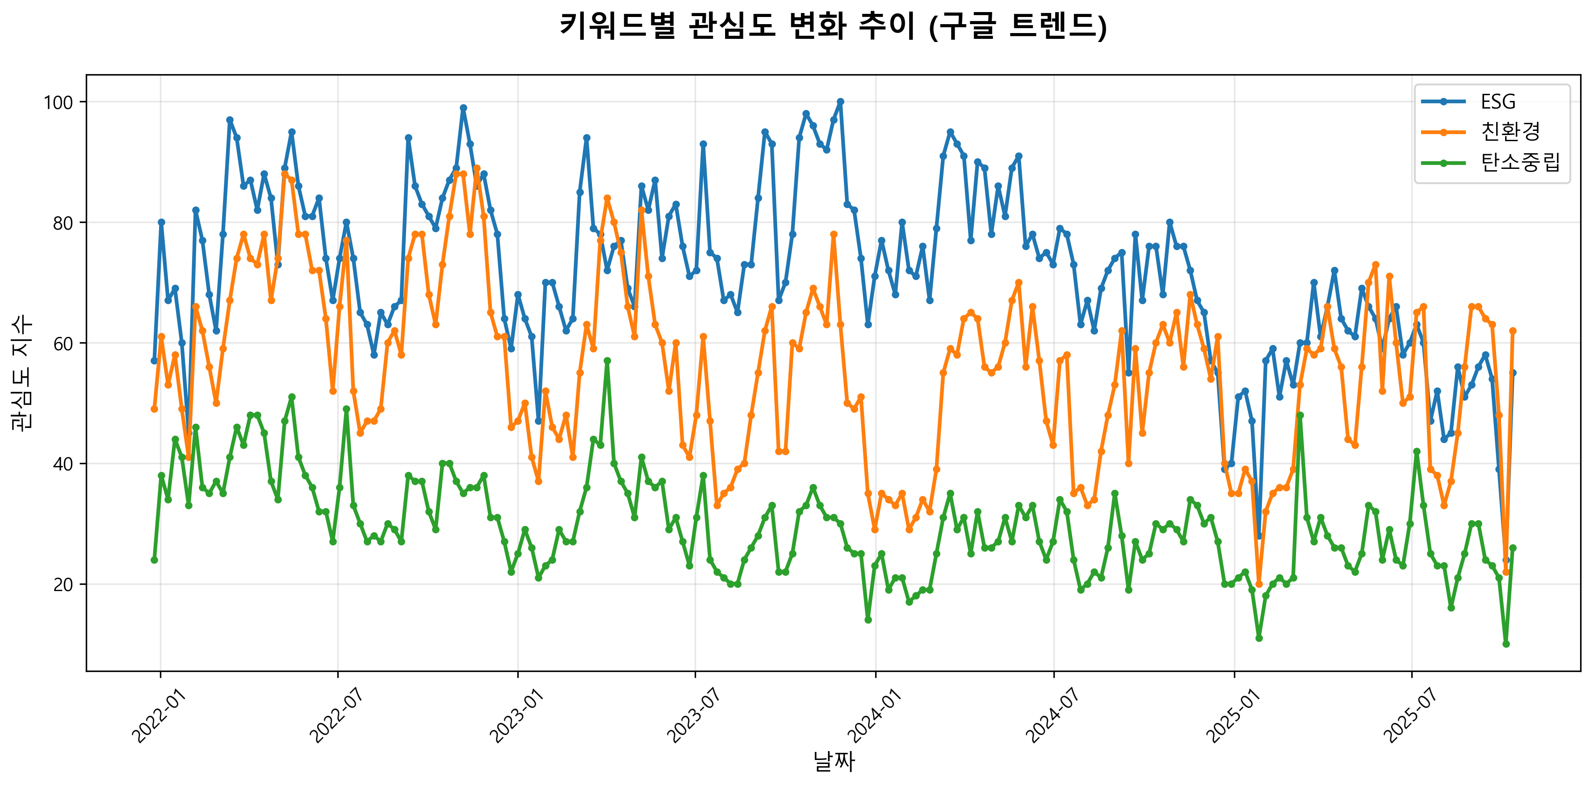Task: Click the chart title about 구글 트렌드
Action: (833, 26)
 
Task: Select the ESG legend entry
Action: (1498, 101)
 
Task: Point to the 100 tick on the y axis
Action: (58, 102)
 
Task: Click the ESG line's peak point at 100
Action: (840, 102)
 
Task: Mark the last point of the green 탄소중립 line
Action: (1513, 548)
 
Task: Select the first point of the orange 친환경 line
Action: (154, 409)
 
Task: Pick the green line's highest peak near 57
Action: (607, 361)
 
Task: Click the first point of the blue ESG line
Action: (154, 361)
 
